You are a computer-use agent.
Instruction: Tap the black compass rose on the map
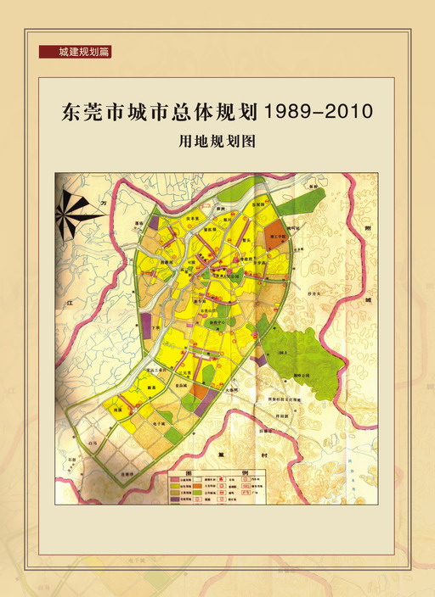tap(77, 212)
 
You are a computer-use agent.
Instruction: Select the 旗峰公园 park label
tap(303, 373)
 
